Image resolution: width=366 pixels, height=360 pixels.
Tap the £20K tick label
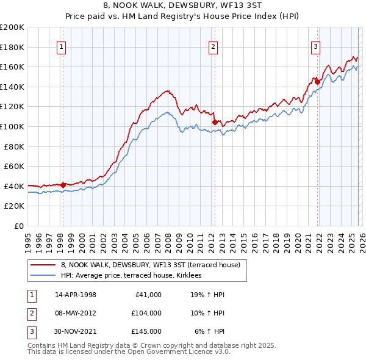click(x=14, y=206)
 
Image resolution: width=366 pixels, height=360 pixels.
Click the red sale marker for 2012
click(x=215, y=123)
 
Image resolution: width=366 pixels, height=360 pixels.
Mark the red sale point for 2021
click(x=318, y=82)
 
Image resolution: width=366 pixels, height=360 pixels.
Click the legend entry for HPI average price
click(x=135, y=276)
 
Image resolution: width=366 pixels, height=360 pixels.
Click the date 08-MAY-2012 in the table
click(x=76, y=313)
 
